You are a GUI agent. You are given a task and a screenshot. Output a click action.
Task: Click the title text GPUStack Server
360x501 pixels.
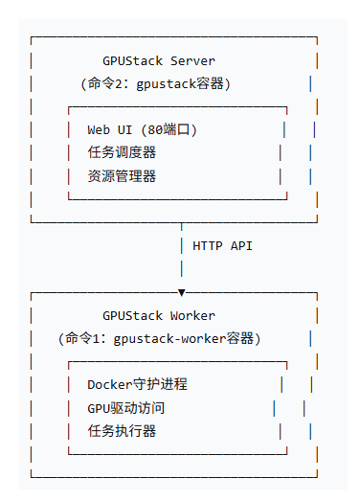click(x=159, y=61)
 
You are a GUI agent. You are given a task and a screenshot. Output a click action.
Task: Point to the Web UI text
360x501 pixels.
click(x=109, y=129)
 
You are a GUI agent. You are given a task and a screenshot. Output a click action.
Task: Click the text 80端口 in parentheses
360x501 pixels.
click(x=170, y=129)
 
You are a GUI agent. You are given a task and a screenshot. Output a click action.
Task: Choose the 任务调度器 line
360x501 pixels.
click(x=122, y=152)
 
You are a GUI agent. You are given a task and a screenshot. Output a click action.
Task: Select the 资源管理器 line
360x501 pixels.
click(x=122, y=175)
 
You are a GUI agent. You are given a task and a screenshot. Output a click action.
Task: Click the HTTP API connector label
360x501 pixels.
click(x=222, y=245)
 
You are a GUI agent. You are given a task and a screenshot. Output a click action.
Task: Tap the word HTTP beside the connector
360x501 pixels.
click(x=209, y=245)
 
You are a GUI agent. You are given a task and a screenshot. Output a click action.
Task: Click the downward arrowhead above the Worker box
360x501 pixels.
click(x=182, y=292)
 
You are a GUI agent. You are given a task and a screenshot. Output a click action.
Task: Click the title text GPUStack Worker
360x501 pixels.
click(x=159, y=315)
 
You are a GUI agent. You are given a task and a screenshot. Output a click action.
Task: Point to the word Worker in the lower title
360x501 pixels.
click(x=192, y=315)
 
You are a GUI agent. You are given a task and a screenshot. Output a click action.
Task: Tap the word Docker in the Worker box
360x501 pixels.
click(x=108, y=384)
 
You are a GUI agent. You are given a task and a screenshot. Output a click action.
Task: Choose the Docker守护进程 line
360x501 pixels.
click(x=137, y=384)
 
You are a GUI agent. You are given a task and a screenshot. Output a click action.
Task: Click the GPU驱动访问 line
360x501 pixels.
click(x=125, y=408)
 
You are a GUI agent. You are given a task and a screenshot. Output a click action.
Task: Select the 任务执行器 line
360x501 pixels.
click(x=122, y=431)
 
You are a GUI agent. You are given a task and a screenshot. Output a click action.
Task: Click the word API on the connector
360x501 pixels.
click(x=241, y=245)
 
